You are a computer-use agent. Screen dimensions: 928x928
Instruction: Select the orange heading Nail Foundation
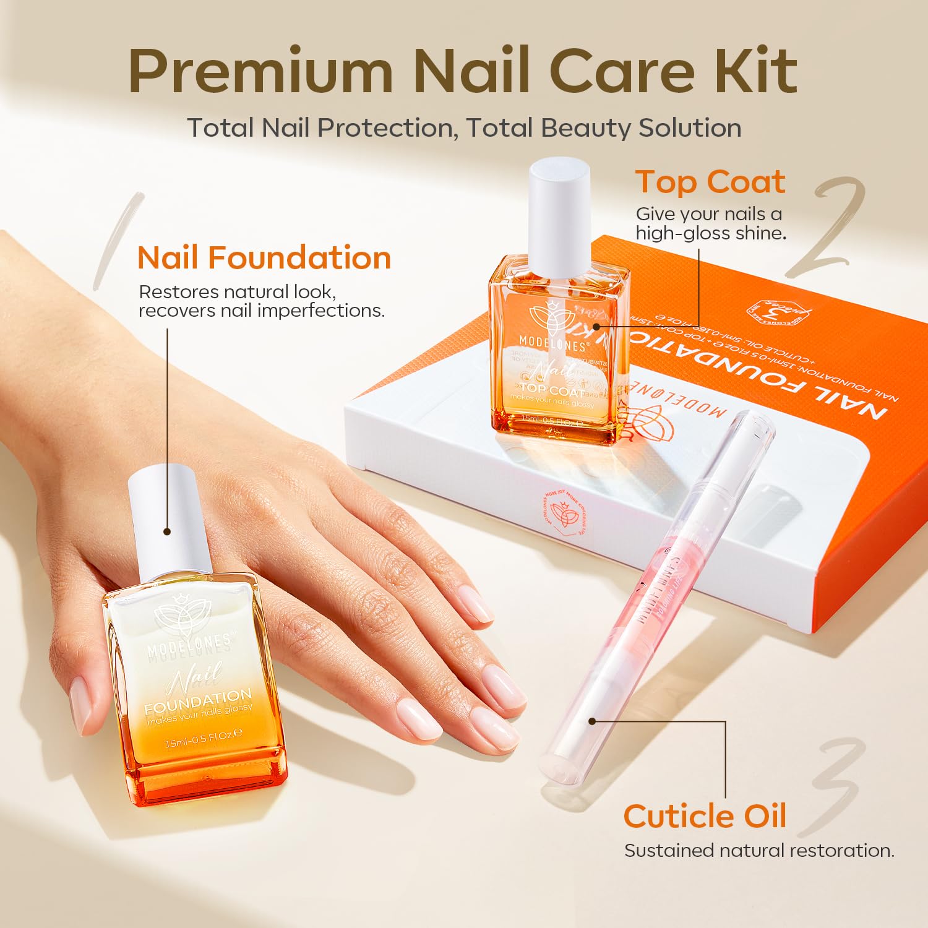264,257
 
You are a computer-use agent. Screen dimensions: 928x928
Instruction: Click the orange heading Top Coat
710,182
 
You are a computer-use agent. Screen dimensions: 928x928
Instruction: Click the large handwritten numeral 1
118,241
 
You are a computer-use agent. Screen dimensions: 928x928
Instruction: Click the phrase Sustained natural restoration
759,851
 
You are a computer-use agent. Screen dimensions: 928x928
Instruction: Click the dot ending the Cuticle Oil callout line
592,721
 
